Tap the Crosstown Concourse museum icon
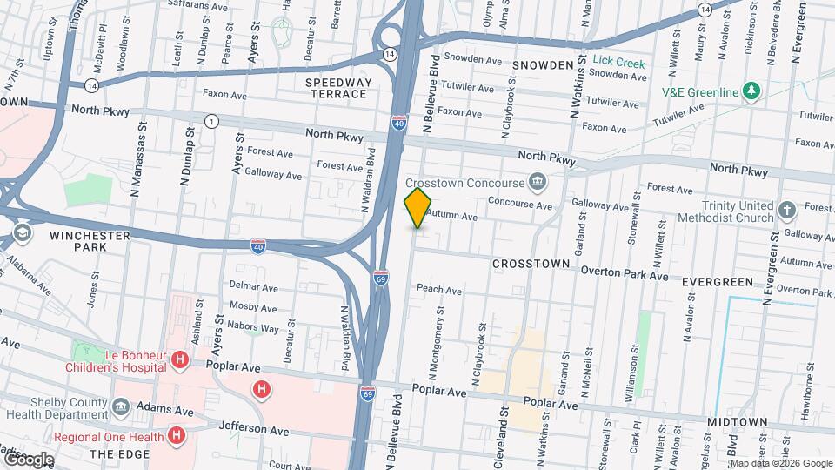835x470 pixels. (538, 182)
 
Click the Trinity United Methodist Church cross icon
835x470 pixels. (786, 210)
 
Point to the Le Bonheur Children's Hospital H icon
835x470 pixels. (179, 359)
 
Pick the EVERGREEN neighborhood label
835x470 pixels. (717, 282)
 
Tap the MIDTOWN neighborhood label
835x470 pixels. (738, 422)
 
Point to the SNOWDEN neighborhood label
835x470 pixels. (543, 65)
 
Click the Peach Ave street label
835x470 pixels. (438, 290)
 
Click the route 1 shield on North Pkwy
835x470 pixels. (210, 121)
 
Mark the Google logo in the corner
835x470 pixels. (28, 459)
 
